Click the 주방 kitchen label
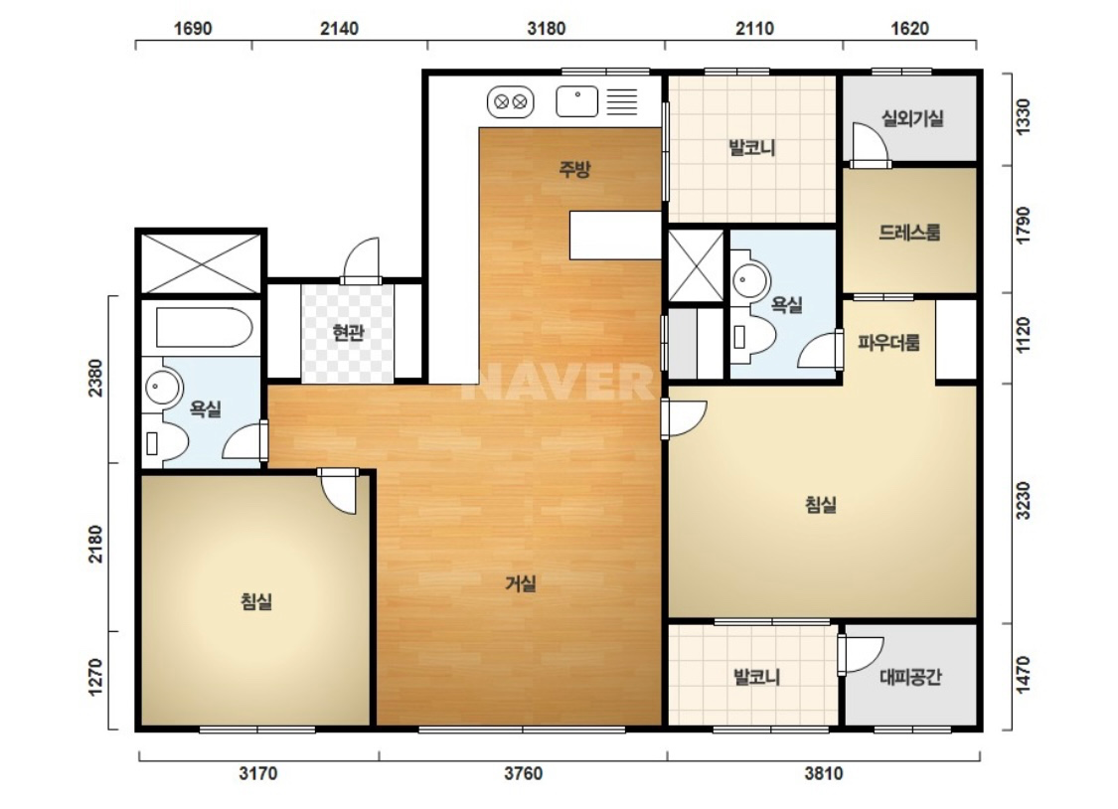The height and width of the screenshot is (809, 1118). pyautogui.click(x=574, y=169)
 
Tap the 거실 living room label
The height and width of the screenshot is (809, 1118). pyautogui.click(x=521, y=583)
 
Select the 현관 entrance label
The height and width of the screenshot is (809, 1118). pyautogui.click(x=348, y=332)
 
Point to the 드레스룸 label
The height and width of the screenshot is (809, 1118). pyautogui.click(x=909, y=232)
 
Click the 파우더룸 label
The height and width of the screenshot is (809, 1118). pyautogui.click(x=888, y=343)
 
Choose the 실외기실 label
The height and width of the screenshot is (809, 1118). pyautogui.click(x=912, y=117)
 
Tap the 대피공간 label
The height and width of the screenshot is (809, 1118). pyautogui.click(x=910, y=676)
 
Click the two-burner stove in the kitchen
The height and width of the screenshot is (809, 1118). pyautogui.click(x=511, y=102)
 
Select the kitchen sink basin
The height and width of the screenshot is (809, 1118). pyautogui.click(x=576, y=101)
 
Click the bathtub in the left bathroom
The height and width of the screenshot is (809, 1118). pyautogui.click(x=204, y=327)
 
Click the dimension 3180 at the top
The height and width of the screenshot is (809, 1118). pyautogui.click(x=547, y=29)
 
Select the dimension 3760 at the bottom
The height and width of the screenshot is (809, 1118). pyautogui.click(x=524, y=773)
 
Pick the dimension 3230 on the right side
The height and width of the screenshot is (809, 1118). pyautogui.click(x=1024, y=500)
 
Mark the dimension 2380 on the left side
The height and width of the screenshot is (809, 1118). pyautogui.click(x=95, y=378)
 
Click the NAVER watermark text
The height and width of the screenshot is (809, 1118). pyautogui.click(x=558, y=382)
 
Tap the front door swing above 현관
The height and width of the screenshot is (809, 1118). pyautogui.click(x=361, y=260)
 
